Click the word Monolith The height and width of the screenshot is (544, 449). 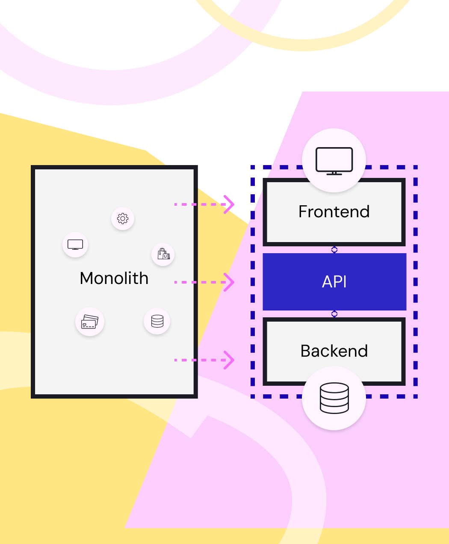click(114, 278)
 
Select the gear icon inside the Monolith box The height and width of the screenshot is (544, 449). click(123, 219)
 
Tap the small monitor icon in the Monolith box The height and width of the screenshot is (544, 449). click(75, 245)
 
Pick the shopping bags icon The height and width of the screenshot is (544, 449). click(163, 254)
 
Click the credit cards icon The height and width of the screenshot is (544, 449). click(90, 322)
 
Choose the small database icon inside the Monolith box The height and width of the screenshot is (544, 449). click(157, 321)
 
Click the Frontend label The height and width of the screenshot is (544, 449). click(334, 212)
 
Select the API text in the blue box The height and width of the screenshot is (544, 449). click(334, 282)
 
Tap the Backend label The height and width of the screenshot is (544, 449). click(334, 351)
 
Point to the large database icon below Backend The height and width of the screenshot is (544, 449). click(334, 398)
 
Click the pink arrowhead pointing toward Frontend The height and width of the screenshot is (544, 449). click(230, 204)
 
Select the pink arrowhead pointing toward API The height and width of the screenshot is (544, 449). click(230, 282)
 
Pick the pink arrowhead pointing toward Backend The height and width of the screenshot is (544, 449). click(230, 360)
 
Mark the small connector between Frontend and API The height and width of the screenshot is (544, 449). click(334, 250)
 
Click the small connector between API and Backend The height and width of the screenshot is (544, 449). click(334, 314)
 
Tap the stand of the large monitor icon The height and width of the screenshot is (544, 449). click(334, 173)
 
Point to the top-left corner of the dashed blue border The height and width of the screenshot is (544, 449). click(253, 168)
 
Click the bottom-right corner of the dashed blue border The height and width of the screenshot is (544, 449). click(416, 396)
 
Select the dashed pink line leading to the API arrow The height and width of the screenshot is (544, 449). click(199, 282)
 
